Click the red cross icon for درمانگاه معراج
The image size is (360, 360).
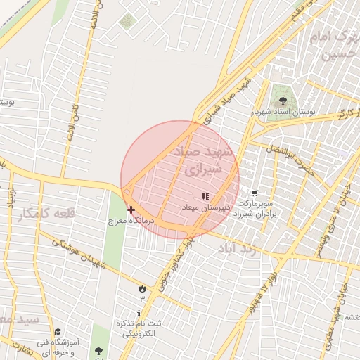pyautogui.click(x=131, y=210)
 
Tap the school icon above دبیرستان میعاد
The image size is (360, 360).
pyautogui.click(x=205, y=197)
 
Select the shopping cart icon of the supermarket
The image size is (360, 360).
pyautogui.click(x=254, y=193)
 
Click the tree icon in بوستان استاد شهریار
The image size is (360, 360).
pyautogui.click(x=283, y=99)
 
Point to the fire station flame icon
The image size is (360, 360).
pyautogui.click(x=143, y=288)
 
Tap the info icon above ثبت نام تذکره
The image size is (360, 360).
pyautogui.click(x=139, y=313)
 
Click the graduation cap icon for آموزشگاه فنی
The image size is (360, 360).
pyautogui.click(x=58, y=331)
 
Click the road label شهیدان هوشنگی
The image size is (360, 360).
pyautogui.click(x=77, y=252)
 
